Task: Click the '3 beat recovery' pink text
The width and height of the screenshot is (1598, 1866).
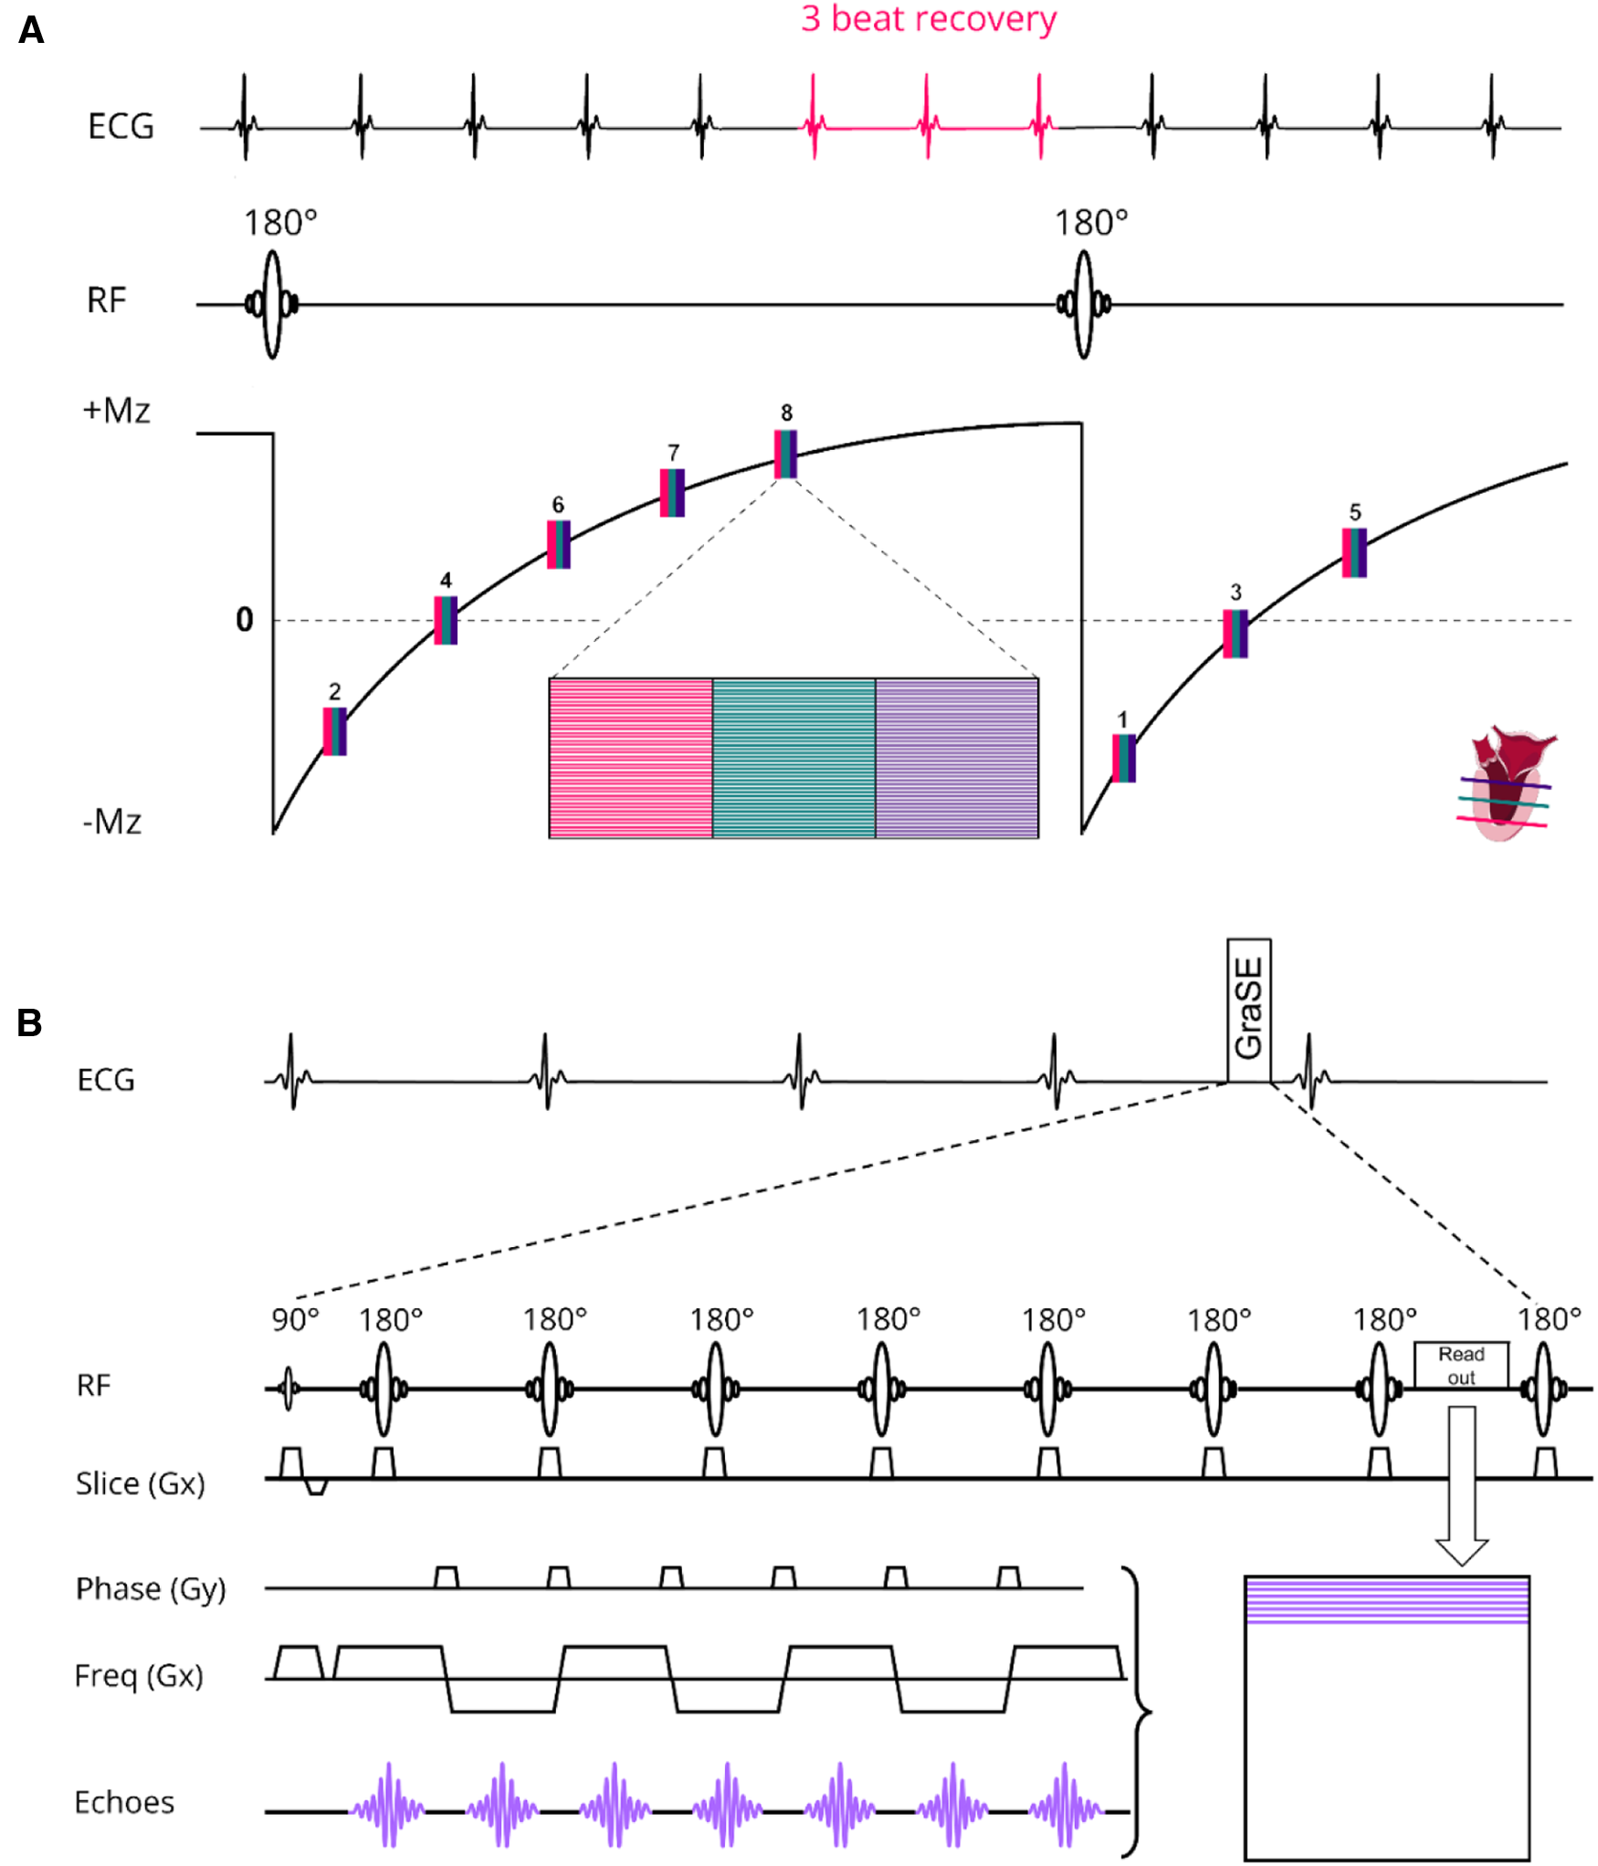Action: (x=928, y=19)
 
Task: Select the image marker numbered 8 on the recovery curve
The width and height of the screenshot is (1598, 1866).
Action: (x=785, y=454)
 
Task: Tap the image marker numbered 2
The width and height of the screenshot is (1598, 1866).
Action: (x=334, y=731)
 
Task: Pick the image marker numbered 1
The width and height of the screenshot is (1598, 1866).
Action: (x=1123, y=758)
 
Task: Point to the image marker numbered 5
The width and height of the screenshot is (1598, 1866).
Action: (x=1354, y=552)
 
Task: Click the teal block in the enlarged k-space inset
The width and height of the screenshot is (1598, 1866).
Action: (x=794, y=758)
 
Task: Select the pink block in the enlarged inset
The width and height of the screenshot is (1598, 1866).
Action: (x=630, y=758)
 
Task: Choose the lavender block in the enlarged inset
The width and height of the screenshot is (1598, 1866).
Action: (x=956, y=758)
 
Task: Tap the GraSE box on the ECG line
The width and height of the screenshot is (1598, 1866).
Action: (x=1248, y=1010)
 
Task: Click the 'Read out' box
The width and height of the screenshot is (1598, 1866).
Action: (x=1460, y=1365)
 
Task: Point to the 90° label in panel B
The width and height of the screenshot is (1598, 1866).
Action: (x=295, y=1320)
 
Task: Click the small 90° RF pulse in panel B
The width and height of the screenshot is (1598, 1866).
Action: (x=289, y=1389)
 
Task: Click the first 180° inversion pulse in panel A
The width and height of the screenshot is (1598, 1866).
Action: (x=272, y=304)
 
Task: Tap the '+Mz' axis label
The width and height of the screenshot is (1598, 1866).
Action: (x=116, y=411)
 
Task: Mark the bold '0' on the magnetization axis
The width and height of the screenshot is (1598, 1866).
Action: (x=244, y=620)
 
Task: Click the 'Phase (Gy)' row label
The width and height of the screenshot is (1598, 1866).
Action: (x=151, y=1589)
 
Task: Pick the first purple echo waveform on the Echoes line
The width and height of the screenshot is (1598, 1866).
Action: (x=389, y=1805)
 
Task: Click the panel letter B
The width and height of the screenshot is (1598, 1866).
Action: (x=29, y=1022)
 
